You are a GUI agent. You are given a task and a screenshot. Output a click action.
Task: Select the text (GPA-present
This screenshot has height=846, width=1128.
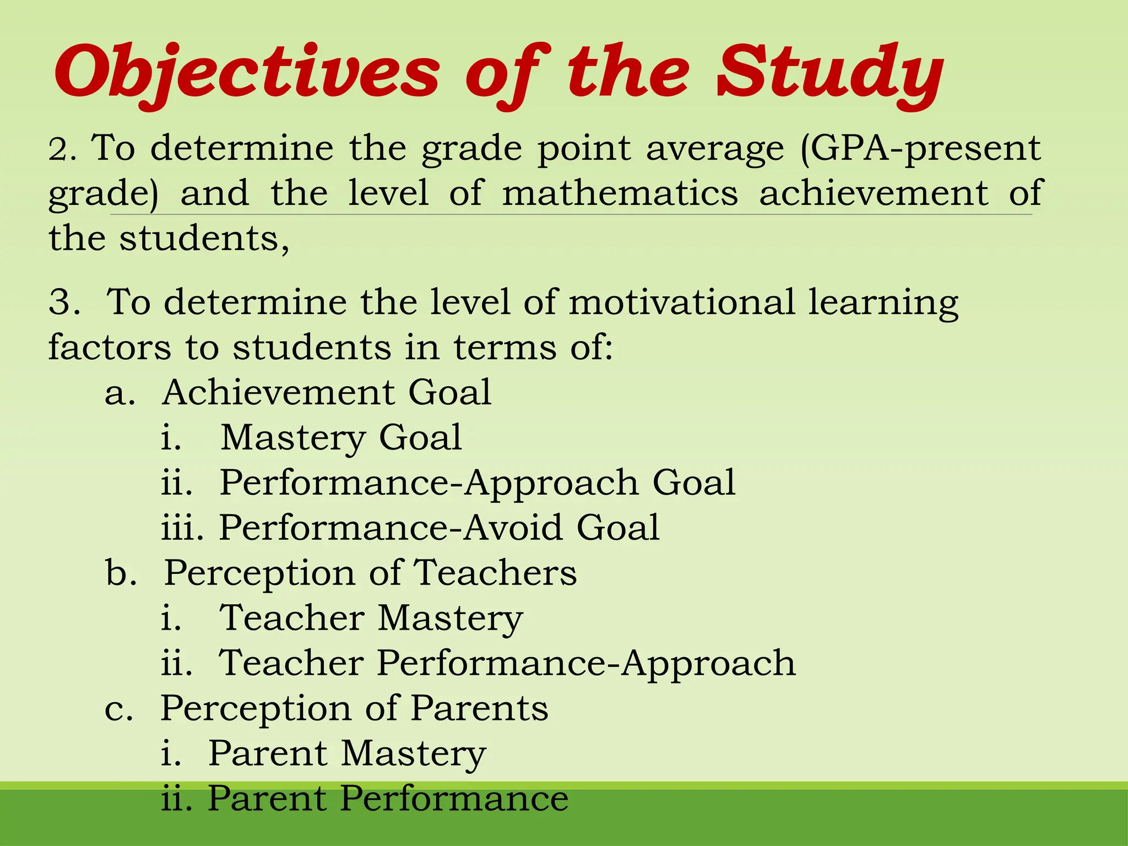pyautogui.click(x=920, y=149)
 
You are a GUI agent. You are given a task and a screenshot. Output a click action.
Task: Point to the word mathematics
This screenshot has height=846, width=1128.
pyautogui.click(x=620, y=194)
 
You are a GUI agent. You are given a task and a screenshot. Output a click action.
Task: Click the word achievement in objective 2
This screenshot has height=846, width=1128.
pyautogui.click(x=874, y=194)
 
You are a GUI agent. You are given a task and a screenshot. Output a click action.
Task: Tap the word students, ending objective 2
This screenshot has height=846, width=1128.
pyautogui.click(x=204, y=239)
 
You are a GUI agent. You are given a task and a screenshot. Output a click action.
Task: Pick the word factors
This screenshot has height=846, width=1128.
pyautogui.click(x=110, y=348)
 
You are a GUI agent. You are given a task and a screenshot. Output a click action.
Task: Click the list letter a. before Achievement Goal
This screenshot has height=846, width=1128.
pyautogui.click(x=120, y=393)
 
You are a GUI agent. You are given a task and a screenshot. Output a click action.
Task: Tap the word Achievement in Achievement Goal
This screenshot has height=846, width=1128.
pyautogui.click(x=278, y=393)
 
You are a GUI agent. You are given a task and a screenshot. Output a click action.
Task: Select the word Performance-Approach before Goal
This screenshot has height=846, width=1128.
pyautogui.click(x=429, y=484)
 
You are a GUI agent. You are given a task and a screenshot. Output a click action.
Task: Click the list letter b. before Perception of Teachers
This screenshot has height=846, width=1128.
pyautogui.click(x=121, y=573)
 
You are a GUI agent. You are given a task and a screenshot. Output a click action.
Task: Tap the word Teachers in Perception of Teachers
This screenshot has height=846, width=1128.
pyautogui.click(x=495, y=573)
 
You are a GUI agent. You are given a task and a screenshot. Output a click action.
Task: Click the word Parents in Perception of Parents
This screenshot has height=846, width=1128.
pyautogui.click(x=479, y=708)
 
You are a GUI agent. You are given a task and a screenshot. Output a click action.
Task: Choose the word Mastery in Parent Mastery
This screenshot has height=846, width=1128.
pyautogui.click(x=413, y=753)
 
